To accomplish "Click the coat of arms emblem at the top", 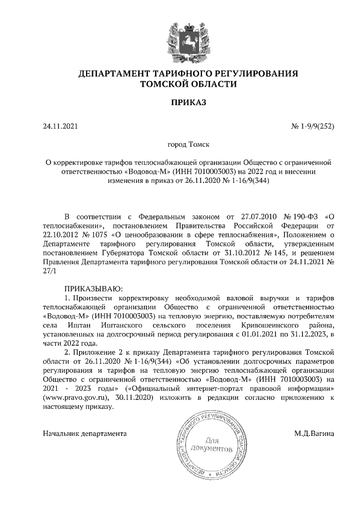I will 179,39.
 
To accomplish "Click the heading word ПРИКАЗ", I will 179,102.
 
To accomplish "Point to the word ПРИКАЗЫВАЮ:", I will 93,287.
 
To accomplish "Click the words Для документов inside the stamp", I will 211,444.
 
